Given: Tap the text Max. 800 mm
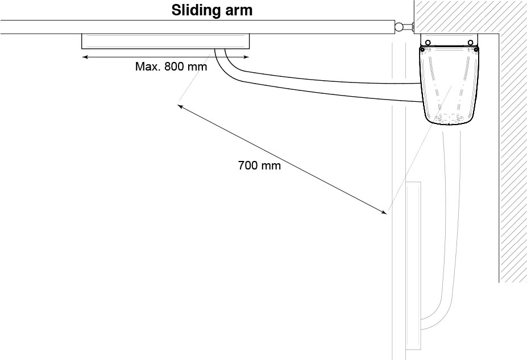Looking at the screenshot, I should pos(171,66).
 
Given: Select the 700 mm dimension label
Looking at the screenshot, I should pos(259,166).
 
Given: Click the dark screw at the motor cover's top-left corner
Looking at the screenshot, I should pos(423,50).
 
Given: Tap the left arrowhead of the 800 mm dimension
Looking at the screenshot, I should pos(84,57).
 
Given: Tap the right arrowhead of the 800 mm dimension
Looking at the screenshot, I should pos(247,57).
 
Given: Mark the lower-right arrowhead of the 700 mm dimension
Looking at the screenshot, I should pos(385,213).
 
